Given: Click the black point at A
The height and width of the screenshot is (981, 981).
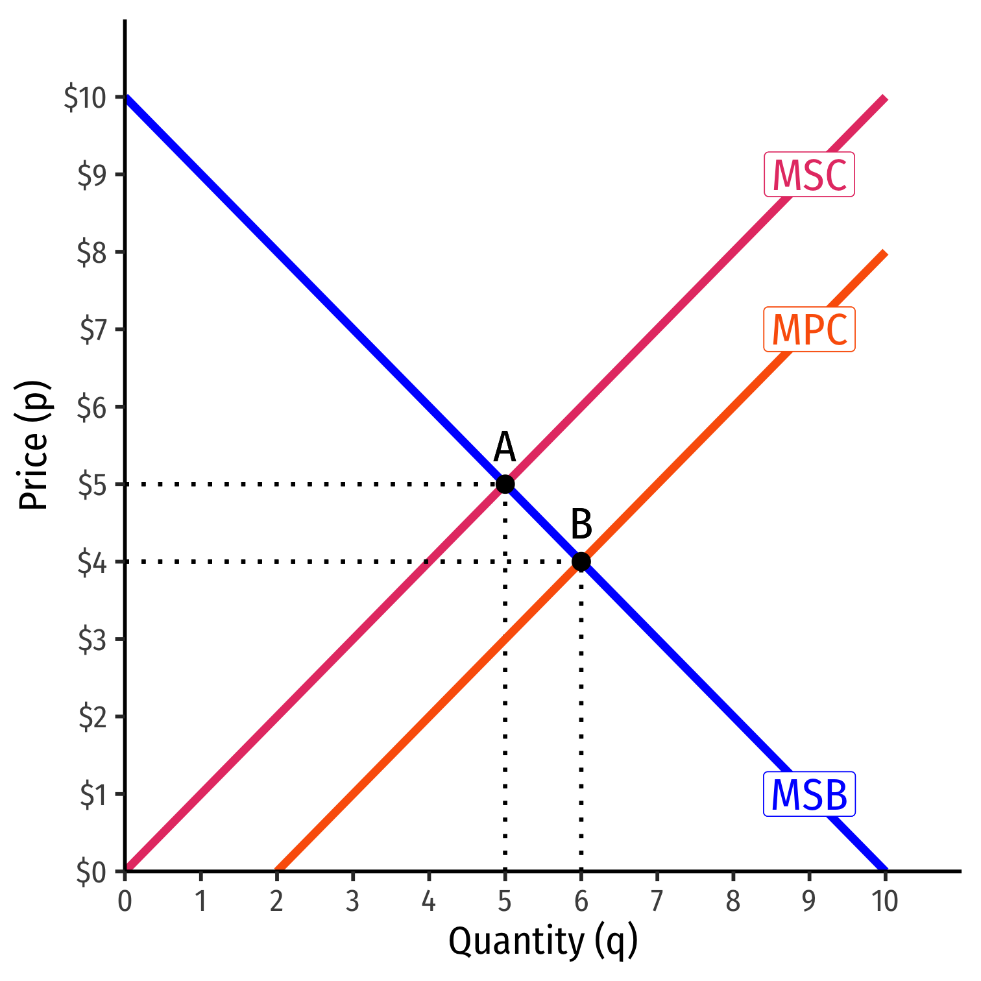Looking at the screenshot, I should click(505, 484).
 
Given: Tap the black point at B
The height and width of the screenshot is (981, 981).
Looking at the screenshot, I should click(581, 561).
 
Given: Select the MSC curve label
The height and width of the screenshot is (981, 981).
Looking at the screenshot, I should click(809, 175).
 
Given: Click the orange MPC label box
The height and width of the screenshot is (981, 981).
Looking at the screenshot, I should click(809, 330).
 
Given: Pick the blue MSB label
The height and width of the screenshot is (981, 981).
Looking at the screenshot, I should click(809, 795).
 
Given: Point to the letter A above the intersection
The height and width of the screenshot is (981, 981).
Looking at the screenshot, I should click(504, 448).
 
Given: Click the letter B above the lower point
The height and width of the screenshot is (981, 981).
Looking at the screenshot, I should click(581, 524).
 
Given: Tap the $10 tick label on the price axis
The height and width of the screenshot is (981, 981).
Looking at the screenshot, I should click(84, 98).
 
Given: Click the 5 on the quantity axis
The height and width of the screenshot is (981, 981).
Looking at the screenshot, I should click(505, 902).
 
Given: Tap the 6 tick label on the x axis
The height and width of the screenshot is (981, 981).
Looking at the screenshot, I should click(581, 902).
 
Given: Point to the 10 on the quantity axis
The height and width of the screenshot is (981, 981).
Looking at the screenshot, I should click(884, 902).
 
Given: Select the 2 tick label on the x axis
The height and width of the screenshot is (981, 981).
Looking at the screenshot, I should click(277, 902).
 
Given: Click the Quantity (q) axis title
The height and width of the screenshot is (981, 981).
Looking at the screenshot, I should click(543, 942).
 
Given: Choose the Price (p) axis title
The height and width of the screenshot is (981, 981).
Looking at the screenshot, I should click(34, 444).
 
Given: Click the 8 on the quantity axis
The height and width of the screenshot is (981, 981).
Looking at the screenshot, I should click(733, 902).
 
